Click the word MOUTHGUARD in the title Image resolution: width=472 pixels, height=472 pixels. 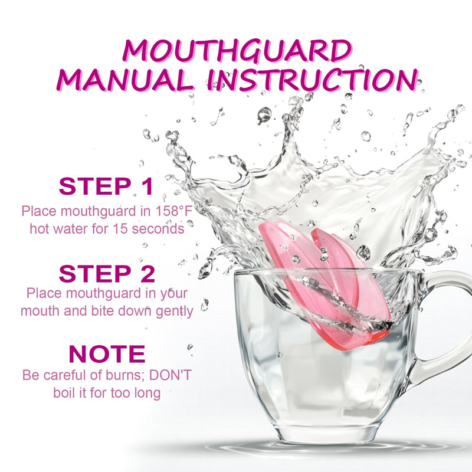pyautogui.click(x=236, y=51)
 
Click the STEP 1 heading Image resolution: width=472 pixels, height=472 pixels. pyautogui.click(x=106, y=186)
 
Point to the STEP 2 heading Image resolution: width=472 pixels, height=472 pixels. pyautogui.click(x=107, y=274)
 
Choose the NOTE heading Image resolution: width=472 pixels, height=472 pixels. pyautogui.click(x=107, y=354)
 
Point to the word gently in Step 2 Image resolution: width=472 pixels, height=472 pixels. pyautogui.click(x=173, y=311)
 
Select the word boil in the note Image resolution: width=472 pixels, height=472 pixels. pyautogui.click(x=64, y=393)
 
